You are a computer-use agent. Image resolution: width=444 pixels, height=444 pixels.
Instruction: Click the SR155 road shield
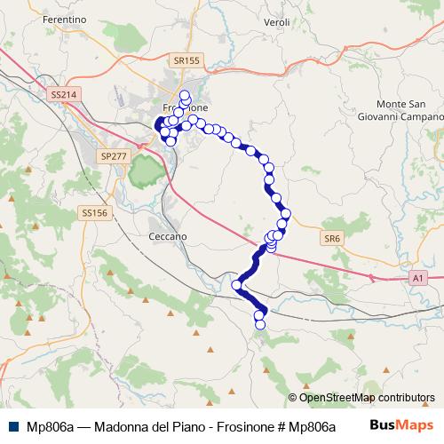(x=187, y=60)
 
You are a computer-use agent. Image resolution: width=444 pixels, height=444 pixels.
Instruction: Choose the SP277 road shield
(x=114, y=155)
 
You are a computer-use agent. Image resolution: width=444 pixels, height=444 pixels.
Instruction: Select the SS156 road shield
(x=93, y=213)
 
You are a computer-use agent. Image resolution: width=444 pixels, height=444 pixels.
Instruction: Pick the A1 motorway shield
(x=417, y=278)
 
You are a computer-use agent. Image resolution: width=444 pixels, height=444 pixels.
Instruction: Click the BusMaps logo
(x=400, y=425)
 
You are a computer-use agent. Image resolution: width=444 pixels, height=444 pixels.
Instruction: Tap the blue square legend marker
(x=12, y=426)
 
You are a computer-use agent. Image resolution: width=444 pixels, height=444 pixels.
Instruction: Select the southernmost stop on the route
(x=260, y=324)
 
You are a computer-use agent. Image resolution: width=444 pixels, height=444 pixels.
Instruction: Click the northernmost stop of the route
(x=185, y=95)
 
